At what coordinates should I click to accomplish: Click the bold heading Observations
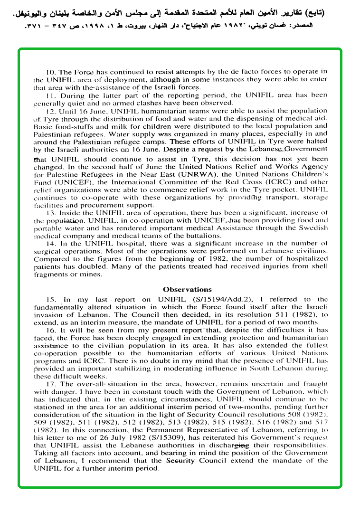point(187,289)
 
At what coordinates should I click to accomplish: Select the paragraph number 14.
point(50,244)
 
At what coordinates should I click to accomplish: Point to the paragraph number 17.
point(50,384)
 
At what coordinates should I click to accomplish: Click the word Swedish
point(313,228)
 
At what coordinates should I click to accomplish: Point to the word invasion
point(48,314)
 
